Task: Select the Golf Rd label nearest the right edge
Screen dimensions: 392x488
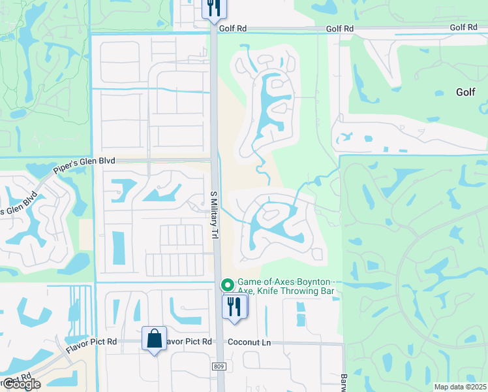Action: pos(463,27)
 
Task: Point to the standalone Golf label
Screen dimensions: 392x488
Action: pos(465,93)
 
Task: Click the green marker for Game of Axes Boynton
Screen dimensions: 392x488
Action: pos(227,285)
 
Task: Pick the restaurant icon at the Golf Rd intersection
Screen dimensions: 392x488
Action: pos(213,8)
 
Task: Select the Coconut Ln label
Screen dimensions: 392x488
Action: pos(249,342)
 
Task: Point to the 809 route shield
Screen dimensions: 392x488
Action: pos(219,367)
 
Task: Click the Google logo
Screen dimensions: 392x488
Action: pos(21,384)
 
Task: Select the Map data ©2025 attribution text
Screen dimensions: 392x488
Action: pos(460,387)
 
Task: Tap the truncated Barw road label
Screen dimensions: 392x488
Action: pos(344,383)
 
